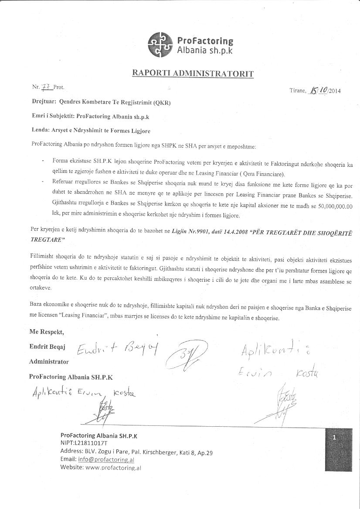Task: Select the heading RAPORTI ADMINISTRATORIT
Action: [x=193, y=73]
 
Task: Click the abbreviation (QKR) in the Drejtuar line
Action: [x=162, y=103]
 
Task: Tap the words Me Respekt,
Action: [x=47, y=332]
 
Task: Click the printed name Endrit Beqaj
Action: [x=47, y=347]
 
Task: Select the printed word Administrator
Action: [x=49, y=361]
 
